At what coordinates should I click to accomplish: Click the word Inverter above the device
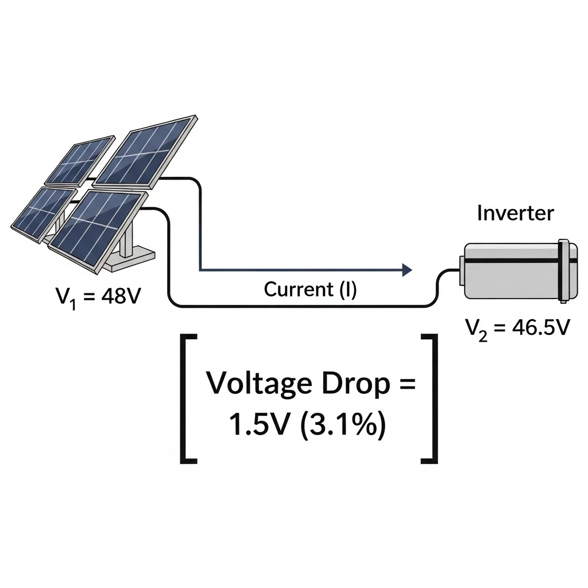(x=515, y=213)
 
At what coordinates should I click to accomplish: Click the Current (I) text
(x=310, y=289)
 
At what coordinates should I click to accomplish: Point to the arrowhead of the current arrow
(x=408, y=269)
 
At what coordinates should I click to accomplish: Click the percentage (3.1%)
(x=342, y=425)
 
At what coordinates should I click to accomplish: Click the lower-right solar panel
(x=95, y=230)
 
